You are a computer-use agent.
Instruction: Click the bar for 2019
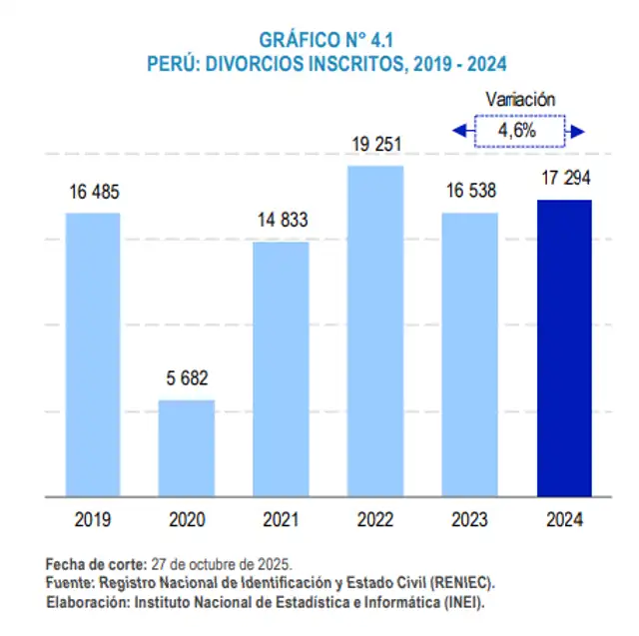tap(93, 353)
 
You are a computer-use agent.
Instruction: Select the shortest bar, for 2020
tap(188, 447)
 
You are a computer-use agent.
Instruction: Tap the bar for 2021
tap(281, 368)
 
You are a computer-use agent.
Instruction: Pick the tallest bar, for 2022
tap(375, 330)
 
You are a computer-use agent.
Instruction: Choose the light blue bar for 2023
tap(469, 353)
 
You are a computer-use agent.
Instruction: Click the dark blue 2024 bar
tap(564, 347)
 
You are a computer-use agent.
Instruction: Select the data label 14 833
tap(281, 221)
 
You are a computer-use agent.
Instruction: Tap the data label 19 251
tap(375, 145)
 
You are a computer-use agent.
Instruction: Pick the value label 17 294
tap(564, 180)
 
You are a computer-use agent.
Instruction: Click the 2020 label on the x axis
tap(188, 520)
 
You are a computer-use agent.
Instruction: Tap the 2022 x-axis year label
tap(375, 520)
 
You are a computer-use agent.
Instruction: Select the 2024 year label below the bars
tap(564, 520)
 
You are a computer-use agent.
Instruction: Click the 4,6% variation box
tap(518, 131)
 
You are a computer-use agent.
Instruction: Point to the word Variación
tap(519, 100)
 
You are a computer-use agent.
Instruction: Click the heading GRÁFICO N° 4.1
tap(319, 41)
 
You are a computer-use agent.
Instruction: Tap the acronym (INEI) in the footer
tap(459, 602)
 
